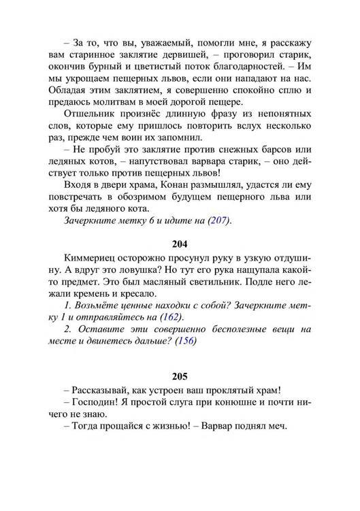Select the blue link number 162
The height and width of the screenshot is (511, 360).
click(x=171, y=317)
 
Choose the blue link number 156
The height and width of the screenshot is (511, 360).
click(x=185, y=341)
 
